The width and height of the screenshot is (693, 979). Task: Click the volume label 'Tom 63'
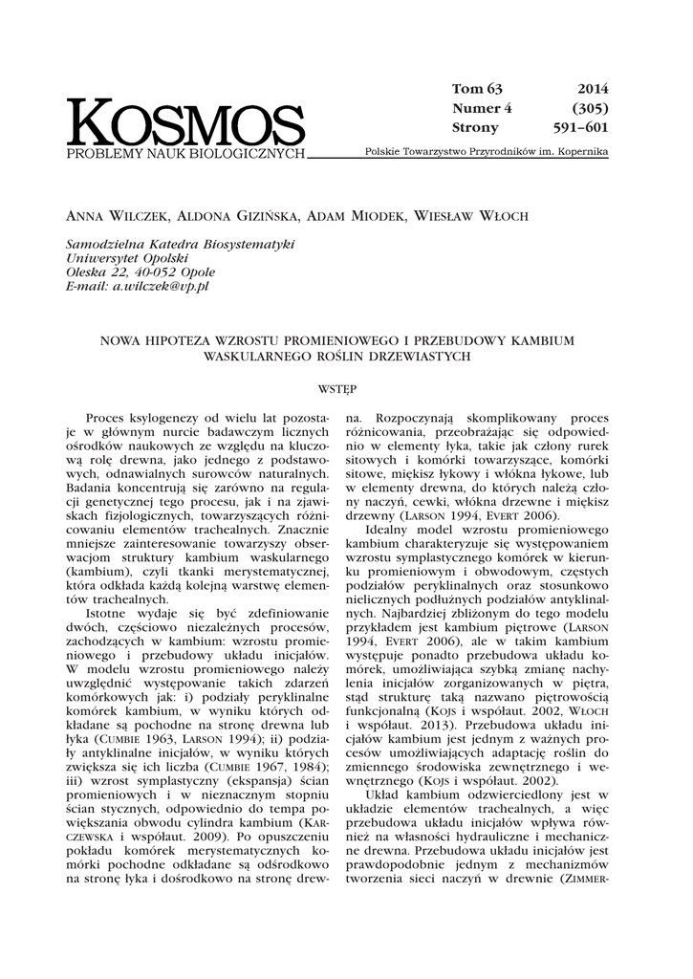[476, 89]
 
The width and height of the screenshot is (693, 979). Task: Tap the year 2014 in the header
[593, 89]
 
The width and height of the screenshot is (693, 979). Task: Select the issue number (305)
[590, 108]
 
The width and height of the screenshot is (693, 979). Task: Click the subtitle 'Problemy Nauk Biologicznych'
[185, 153]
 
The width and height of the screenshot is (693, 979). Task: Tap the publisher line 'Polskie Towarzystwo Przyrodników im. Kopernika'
[487, 153]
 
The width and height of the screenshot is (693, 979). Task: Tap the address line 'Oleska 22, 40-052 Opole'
[140, 272]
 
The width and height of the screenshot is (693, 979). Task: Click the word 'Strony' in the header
[475, 127]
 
